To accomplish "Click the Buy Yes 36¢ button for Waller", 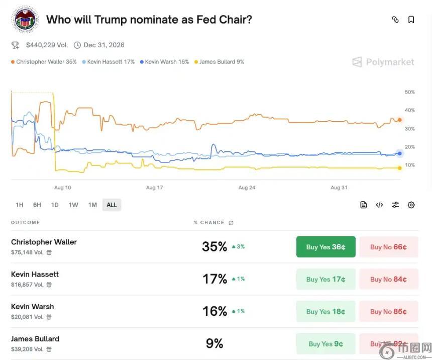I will tap(326, 247).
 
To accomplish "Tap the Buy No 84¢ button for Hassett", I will tap(388, 279).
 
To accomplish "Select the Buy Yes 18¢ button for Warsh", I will tap(326, 311).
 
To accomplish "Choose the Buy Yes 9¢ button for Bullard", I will tap(326, 344).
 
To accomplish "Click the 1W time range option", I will tap(73, 205).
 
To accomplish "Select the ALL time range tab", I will tap(112, 205).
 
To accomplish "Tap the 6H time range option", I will tap(37, 205).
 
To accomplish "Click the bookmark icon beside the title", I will tap(411, 20).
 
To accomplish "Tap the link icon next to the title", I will tap(395, 20).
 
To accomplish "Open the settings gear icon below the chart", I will tap(411, 205).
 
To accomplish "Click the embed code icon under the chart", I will tap(379, 205).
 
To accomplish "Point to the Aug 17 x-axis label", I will tap(154, 188).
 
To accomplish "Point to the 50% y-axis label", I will tap(409, 92).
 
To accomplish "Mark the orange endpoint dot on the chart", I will tap(400, 120).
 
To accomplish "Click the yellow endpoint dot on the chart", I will tap(400, 168).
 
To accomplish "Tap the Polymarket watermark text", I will tap(390, 62).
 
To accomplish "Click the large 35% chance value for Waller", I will tap(214, 247).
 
